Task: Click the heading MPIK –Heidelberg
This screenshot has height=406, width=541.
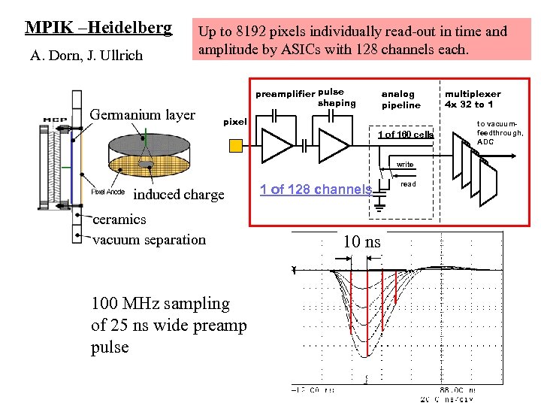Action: [98, 28]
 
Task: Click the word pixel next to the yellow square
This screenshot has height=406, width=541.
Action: [235, 121]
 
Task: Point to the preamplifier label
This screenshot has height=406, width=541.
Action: [285, 95]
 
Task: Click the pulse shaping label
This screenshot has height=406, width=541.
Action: [336, 98]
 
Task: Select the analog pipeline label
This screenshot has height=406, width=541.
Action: [401, 99]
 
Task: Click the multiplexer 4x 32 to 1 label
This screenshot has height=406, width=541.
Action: [473, 99]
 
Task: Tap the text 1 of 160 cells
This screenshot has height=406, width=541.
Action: [405, 135]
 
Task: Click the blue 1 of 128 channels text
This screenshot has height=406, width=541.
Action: [316, 189]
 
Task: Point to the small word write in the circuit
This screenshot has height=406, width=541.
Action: [405, 164]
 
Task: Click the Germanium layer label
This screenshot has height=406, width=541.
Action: [142, 115]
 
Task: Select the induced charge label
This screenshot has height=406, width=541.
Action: [179, 195]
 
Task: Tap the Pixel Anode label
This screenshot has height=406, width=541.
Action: [108, 192]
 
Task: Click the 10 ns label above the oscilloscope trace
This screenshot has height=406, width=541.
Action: [362, 242]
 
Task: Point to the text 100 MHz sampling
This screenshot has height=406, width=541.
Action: [160, 304]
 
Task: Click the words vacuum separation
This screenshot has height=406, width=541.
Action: [149, 240]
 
